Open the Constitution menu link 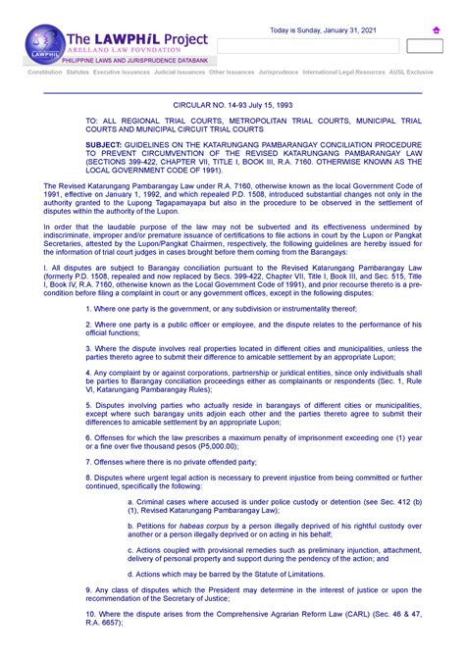point(45,73)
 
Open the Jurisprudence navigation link point(282,73)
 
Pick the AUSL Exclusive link point(411,73)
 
